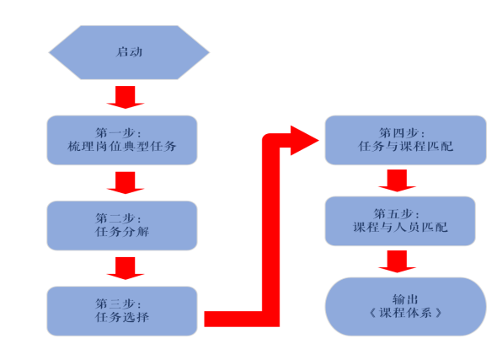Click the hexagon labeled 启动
click(129, 52)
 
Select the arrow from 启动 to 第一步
click(126, 97)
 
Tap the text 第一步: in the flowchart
click(118, 132)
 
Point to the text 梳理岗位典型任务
click(122, 146)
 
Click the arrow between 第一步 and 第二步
click(126, 183)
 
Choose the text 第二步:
click(118, 218)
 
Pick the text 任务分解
click(122, 232)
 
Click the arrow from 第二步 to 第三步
click(126, 268)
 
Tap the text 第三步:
click(118, 304)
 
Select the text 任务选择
click(122, 317)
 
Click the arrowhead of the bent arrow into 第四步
click(304, 141)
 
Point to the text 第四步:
click(402, 132)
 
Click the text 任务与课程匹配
click(406, 146)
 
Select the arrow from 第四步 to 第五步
click(397, 180)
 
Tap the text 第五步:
click(396, 214)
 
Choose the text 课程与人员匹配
click(400, 227)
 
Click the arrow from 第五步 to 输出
click(397, 261)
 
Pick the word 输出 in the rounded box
click(405, 299)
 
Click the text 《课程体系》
click(405, 313)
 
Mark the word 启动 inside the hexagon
click(129, 52)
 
